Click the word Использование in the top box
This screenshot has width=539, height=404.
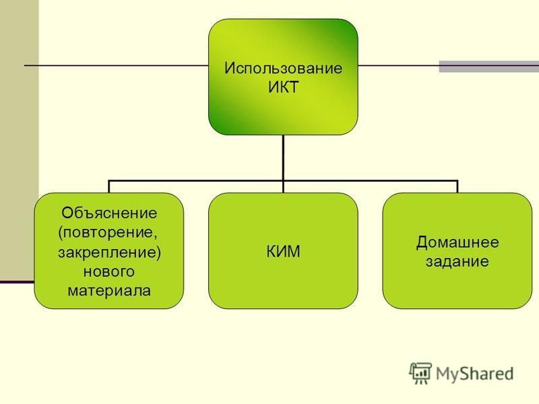click(x=283, y=68)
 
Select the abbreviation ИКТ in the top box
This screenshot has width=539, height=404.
click(x=283, y=87)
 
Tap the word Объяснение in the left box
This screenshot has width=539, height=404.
click(x=109, y=213)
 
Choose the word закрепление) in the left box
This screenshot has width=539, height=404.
click(x=109, y=252)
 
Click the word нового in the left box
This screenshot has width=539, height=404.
click(x=109, y=272)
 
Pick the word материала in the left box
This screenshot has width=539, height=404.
click(x=109, y=291)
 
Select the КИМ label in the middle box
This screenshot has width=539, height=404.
click(x=283, y=251)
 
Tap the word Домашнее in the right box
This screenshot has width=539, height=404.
click(x=457, y=242)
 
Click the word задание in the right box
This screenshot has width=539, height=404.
click(x=457, y=261)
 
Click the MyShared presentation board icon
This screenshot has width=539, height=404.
click(x=420, y=373)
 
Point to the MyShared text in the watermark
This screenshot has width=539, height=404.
click(x=475, y=374)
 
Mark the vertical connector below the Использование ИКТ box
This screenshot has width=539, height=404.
click(x=283, y=164)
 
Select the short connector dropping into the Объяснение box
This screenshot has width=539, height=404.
click(x=109, y=187)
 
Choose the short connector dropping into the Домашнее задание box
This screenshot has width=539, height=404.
click(x=457, y=187)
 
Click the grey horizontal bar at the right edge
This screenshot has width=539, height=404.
click(x=489, y=66)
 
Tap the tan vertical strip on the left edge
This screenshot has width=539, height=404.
click(x=20, y=140)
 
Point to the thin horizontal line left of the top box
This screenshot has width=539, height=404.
click(x=117, y=65)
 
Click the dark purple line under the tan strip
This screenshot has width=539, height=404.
click(x=18, y=282)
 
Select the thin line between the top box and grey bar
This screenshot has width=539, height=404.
click(x=398, y=65)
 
